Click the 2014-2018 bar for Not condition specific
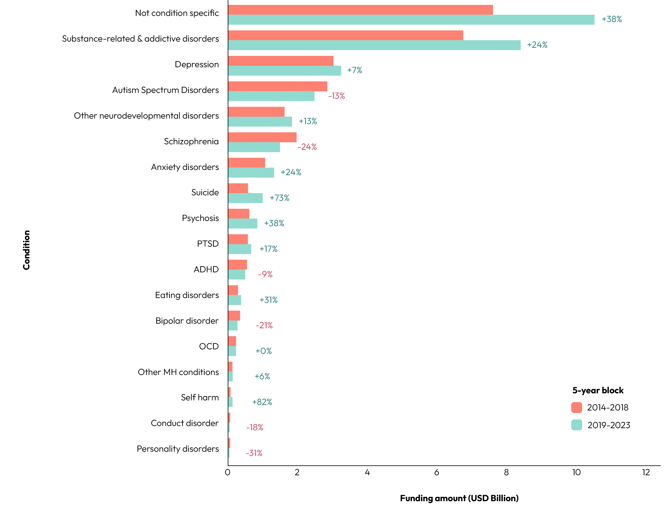[360, 10]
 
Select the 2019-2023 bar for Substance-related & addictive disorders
[374, 45]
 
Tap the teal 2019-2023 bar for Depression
[285, 71]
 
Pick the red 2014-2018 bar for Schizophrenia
[262, 137]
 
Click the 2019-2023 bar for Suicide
[245, 198]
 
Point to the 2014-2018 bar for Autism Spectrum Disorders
[277, 86]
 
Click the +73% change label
[279, 198]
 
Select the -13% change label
[336, 96]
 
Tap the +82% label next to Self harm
[262, 402]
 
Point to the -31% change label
[254, 453]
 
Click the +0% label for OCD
[263, 351]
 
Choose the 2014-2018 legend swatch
[577, 407]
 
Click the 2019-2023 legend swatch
[577, 425]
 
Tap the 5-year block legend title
[598, 391]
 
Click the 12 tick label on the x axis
[646, 472]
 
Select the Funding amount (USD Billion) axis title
[459, 498]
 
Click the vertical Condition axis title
[27, 250]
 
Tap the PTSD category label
[208, 244]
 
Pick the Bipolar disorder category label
[187, 321]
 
